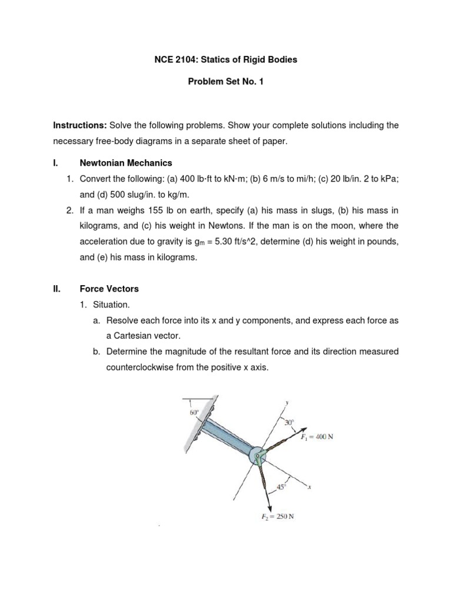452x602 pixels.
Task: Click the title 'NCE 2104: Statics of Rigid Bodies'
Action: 225,61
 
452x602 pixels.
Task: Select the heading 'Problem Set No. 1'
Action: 225,82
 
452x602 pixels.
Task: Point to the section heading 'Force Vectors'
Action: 109,289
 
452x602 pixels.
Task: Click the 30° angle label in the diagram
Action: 288,422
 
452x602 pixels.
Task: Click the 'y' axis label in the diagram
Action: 287,404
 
